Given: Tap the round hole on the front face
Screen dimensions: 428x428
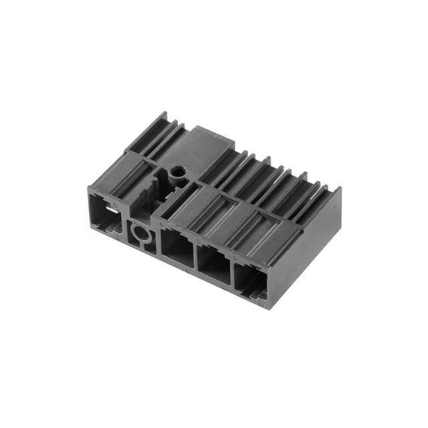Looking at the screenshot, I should click(142, 233).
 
